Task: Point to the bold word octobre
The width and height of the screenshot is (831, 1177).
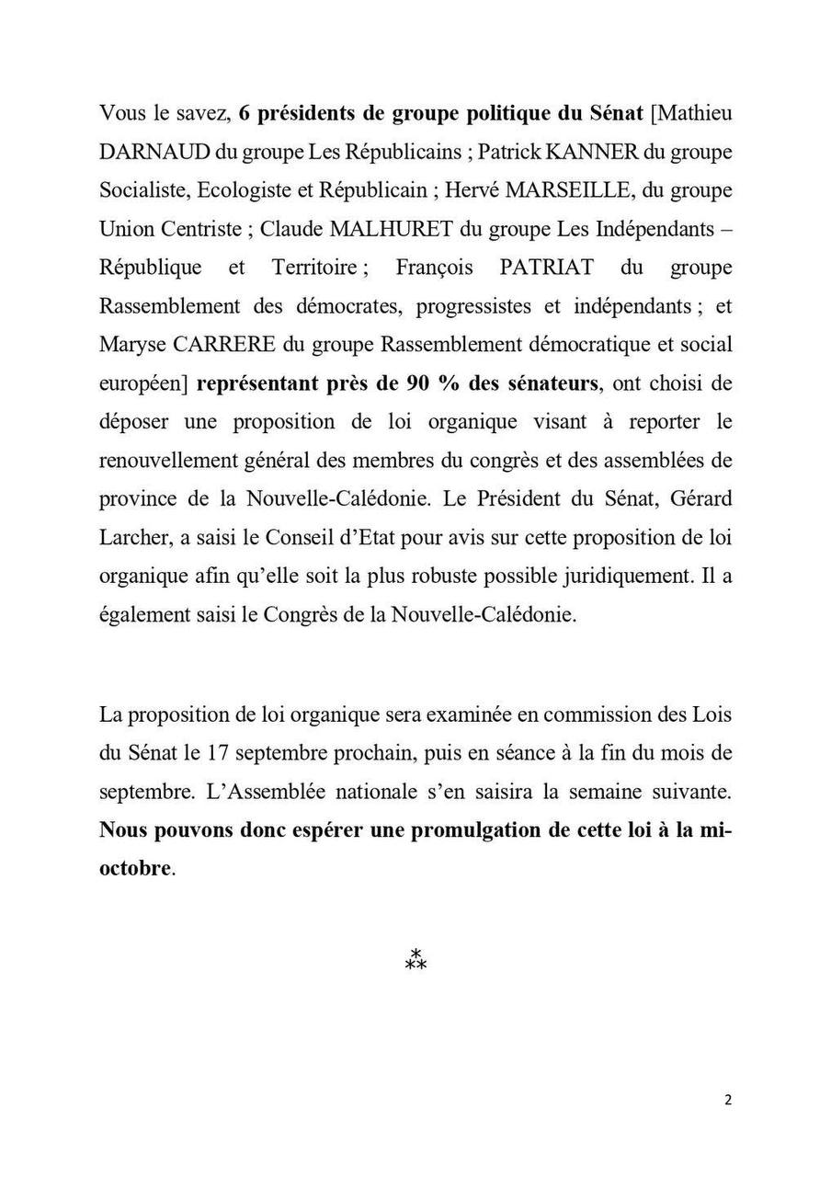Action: pyautogui.click(x=135, y=868)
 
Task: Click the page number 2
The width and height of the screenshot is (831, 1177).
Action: pyautogui.click(x=728, y=1100)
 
